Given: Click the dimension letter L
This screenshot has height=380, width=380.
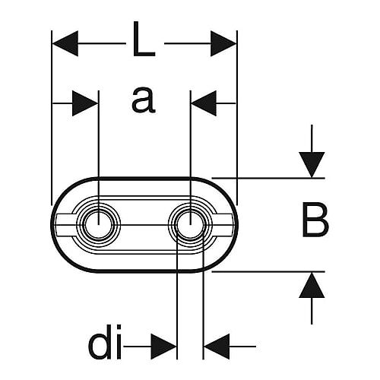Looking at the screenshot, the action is coord(144,39).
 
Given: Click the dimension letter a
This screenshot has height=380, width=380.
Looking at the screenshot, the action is coord(144,100).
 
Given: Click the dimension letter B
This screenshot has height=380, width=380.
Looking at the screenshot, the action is coord(315,221).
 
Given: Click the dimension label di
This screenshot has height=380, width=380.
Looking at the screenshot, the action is coord(105,342).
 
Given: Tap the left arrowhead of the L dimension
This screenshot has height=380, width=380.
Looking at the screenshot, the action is coord(65,43).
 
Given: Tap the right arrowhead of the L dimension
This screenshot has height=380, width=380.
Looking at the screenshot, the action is coord(223,43).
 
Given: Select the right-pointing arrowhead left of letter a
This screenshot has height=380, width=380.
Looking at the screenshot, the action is coord(85,103).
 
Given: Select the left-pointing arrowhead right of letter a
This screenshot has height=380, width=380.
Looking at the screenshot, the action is coord(204,103).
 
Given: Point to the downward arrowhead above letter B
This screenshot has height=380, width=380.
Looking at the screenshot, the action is coord(312,165).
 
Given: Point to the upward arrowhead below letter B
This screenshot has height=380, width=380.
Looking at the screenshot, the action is coord(312,285).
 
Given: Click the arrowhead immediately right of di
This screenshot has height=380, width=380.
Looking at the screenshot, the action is coord(163,346).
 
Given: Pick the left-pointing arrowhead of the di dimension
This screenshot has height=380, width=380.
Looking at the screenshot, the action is coord(217,346).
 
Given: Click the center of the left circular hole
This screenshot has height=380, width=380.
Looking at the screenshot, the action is coord(99,225).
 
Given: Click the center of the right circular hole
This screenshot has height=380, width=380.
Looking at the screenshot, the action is coord(190,225).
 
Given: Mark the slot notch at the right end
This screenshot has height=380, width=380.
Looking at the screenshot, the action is coord(223,224).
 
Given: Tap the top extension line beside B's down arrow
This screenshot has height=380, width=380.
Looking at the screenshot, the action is coord(268,179).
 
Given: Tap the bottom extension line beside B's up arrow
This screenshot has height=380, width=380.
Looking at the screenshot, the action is coord(268,271).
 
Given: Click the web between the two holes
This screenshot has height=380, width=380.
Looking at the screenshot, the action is coord(144,225).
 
